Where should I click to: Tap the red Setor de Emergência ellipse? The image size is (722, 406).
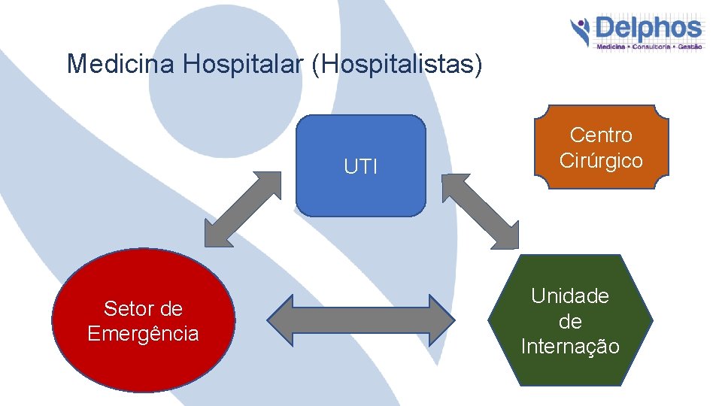143,321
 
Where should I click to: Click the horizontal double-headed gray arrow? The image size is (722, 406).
361,321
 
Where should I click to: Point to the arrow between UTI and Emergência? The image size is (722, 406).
242,209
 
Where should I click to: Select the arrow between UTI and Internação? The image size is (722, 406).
480,211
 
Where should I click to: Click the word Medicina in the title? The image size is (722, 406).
121,64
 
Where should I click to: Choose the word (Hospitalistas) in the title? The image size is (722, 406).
396,64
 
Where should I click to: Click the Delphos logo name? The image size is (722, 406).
648,30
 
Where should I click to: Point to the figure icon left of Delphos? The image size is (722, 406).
580,32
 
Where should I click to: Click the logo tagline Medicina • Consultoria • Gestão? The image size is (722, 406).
649,47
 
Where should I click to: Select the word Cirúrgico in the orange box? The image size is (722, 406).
601,160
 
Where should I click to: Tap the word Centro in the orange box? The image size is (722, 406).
601,135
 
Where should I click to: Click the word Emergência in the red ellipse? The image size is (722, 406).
143,334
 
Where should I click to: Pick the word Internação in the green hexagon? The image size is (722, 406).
570,347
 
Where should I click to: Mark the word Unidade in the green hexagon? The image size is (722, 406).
570,296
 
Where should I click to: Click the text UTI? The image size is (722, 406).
361,167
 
